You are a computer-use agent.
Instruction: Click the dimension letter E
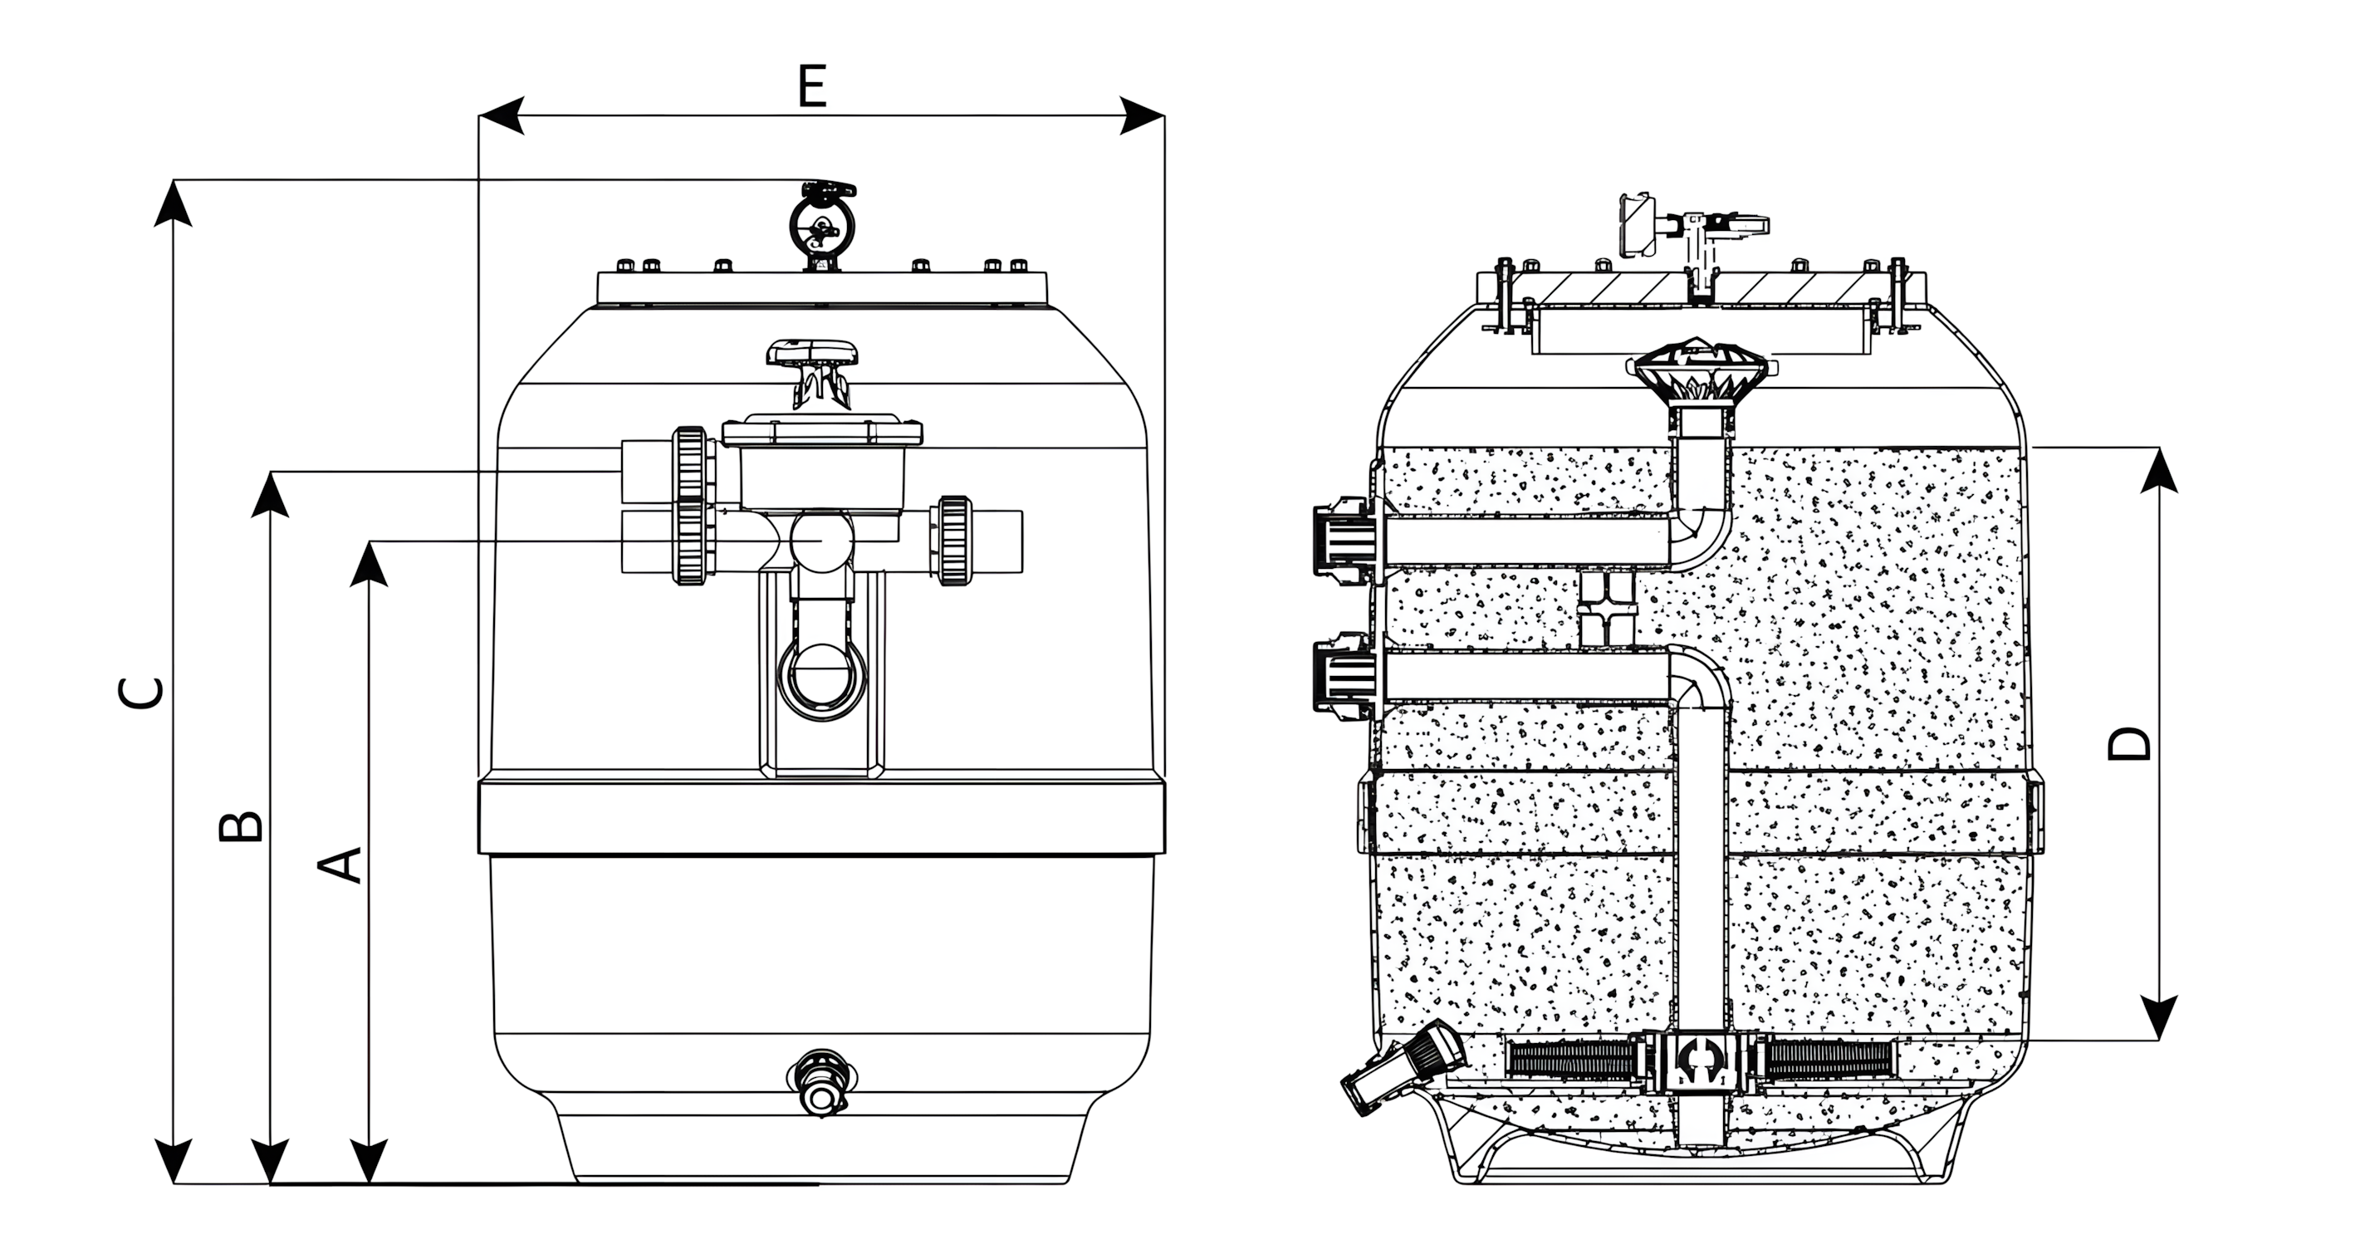click(x=812, y=87)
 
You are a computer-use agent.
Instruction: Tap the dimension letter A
click(x=340, y=865)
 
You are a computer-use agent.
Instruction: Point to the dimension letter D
click(x=2128, y=743)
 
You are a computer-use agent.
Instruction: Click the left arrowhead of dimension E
click(x=502, y=115)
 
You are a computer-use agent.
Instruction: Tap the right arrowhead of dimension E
click(x=1142, y=115)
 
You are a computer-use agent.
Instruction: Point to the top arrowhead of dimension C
click(x=173, y=202)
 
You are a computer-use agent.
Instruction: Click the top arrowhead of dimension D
click(x=2157, y=469)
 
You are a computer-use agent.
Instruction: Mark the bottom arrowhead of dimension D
click(x=2157, y=1017)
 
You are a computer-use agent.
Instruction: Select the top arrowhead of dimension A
click(x=369, y=562)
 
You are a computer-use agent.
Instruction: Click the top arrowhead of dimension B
click(x=270, y=494)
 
